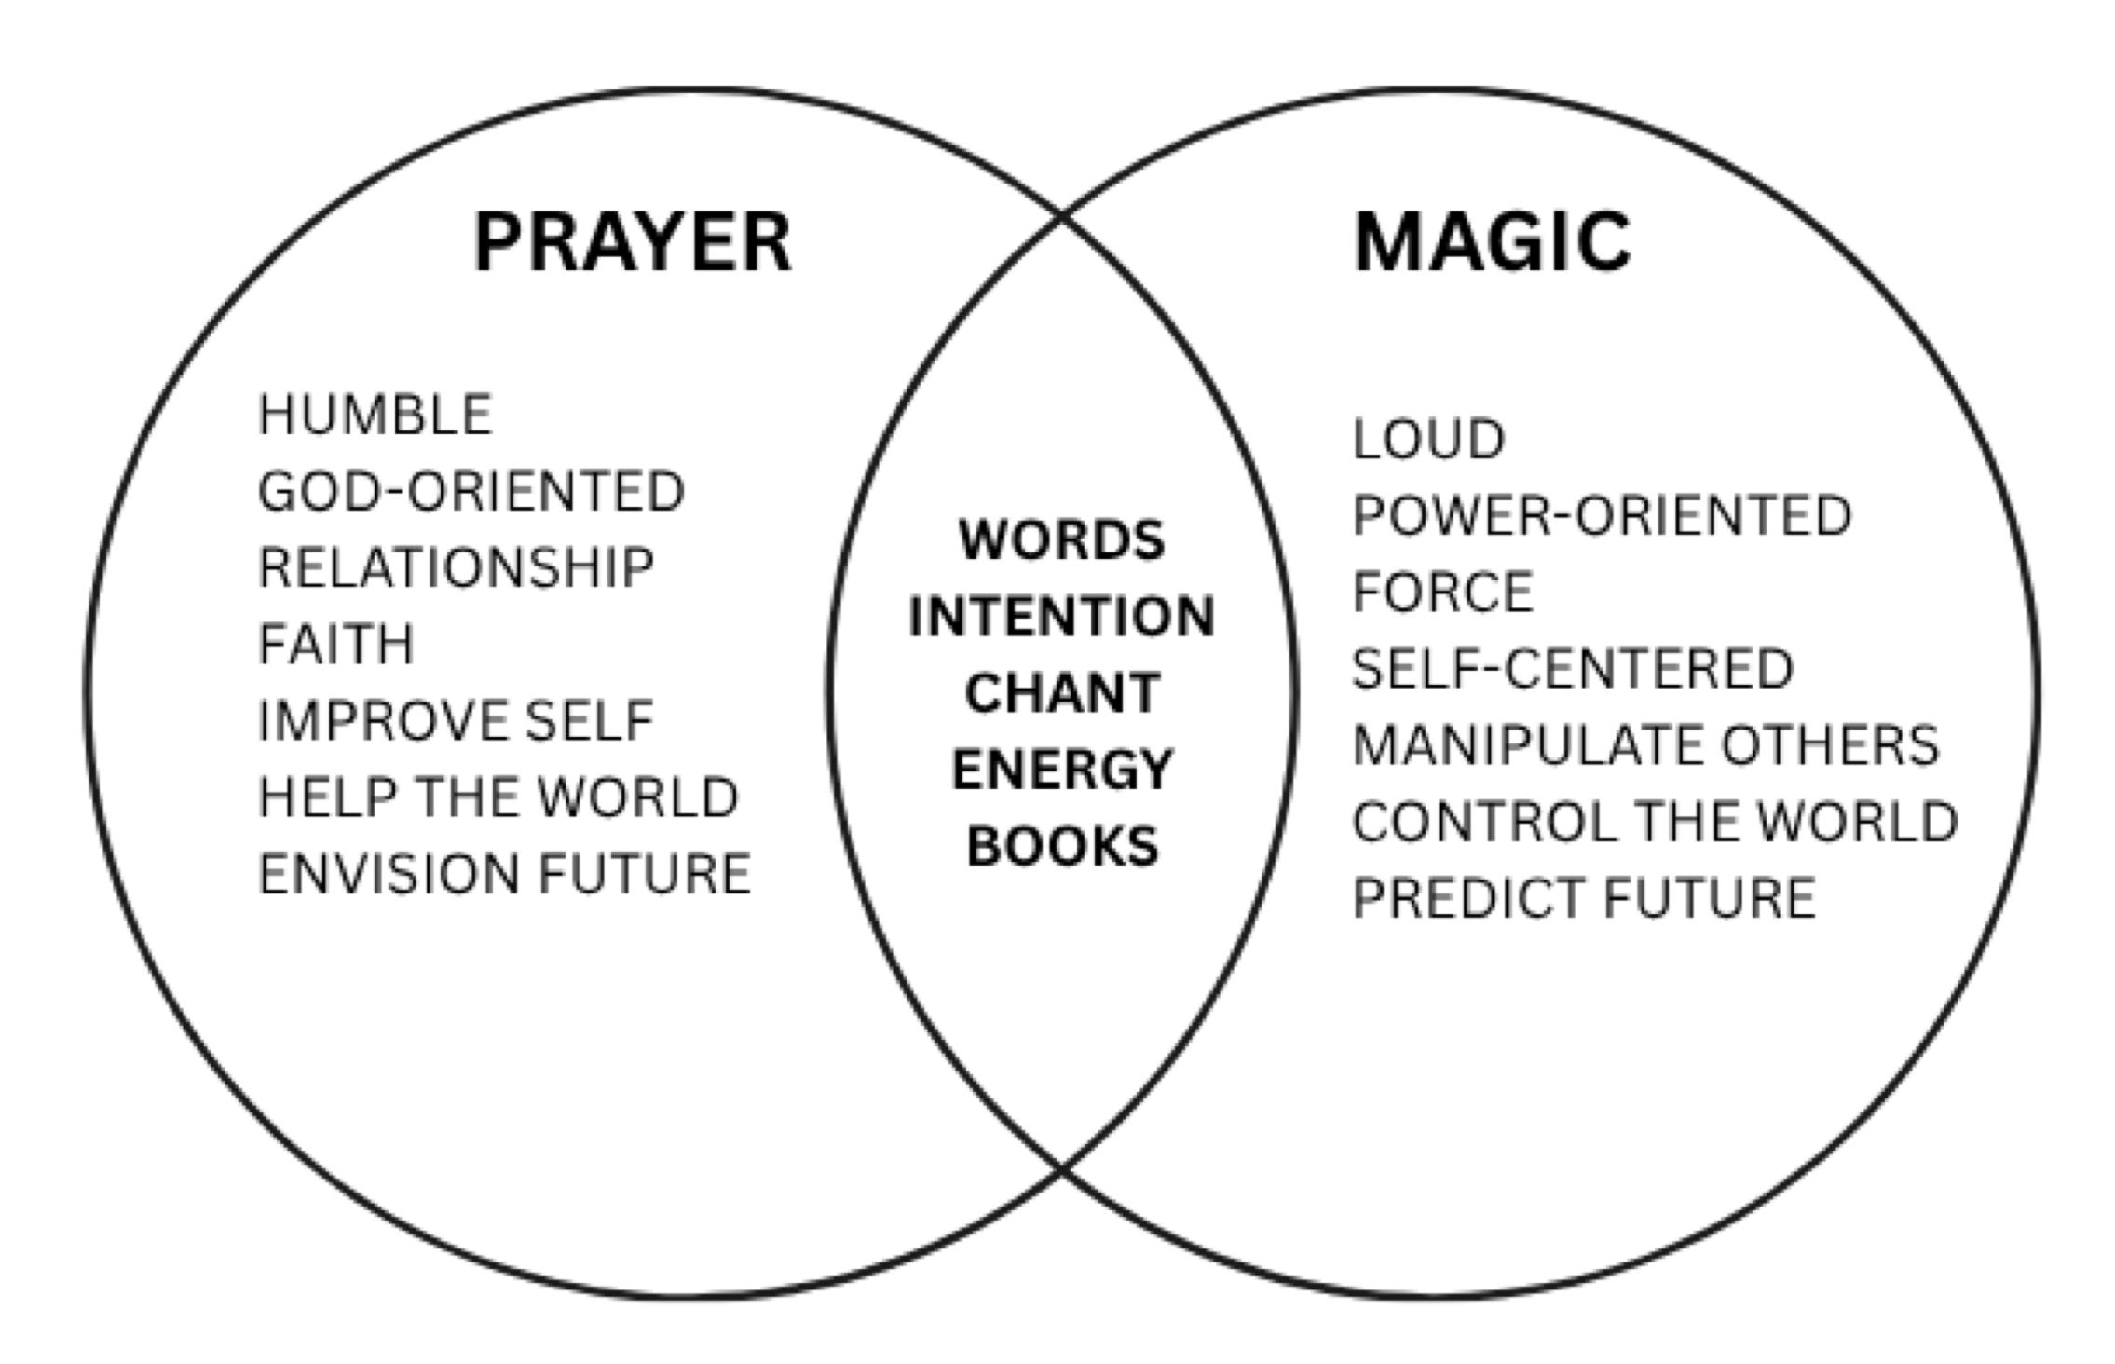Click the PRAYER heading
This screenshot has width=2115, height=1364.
click(633, 243)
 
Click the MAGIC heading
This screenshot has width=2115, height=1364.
click(1492, 243)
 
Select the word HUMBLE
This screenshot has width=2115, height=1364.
click(375, 415)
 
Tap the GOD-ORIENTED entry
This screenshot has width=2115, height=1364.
click(471, 491)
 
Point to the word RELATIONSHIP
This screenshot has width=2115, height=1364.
click(456, 567)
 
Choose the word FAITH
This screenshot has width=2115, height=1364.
click(335, 644)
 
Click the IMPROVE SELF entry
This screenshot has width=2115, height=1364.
click(456, 721)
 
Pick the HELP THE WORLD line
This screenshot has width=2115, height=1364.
click(498, 798)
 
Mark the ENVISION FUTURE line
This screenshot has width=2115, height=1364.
click(504, 874)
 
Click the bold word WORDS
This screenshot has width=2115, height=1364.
click(1061, 539)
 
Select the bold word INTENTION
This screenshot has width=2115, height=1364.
click(1061, 617)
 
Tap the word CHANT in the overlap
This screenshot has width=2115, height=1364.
click(1061, 693)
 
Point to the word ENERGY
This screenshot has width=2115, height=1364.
click(1061, 770)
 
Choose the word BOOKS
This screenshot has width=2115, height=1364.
click(1061, 846)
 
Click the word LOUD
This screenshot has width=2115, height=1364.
click(1428, 439)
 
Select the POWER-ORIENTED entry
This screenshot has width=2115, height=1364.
click(1602, 515)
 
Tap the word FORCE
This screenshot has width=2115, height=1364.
click(1442, 592)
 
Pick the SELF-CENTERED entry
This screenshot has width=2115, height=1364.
click(1573, 668)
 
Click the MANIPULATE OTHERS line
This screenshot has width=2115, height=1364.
click(1645, 745)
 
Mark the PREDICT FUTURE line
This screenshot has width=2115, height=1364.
click(1584, 898)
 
